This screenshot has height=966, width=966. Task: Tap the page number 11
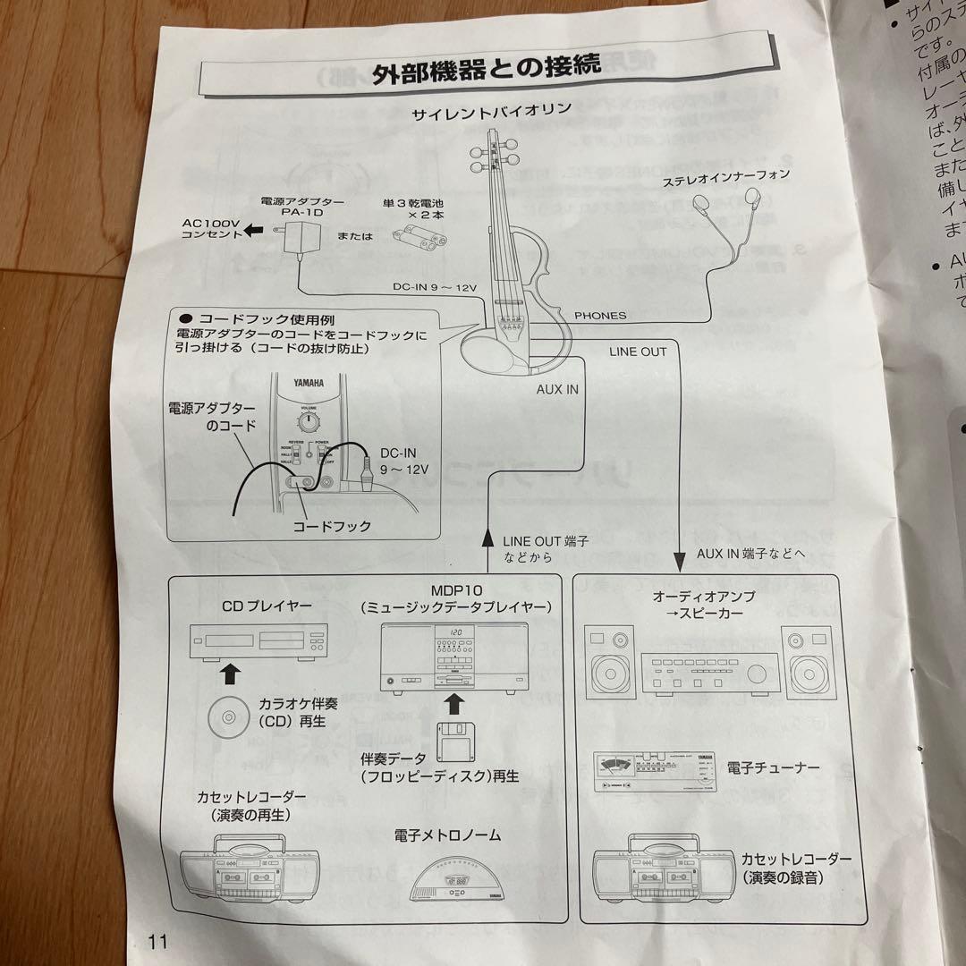click(159, 940)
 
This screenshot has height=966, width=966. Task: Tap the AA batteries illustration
click(421, 239)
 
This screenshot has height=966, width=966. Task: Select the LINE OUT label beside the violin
click(638, 352)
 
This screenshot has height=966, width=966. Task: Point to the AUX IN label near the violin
click(557, 388)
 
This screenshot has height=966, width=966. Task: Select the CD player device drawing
click(260, 640)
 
